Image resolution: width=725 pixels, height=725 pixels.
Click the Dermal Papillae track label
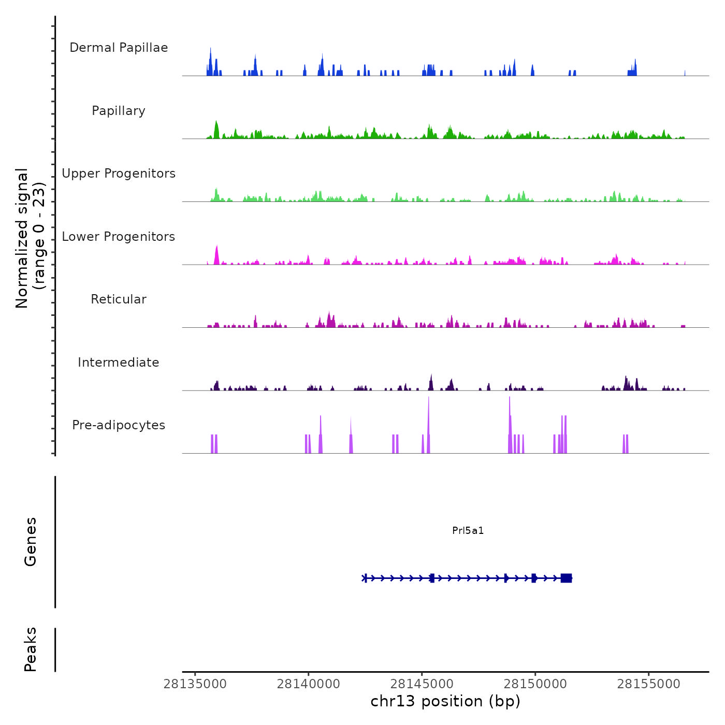(x=119, y=48)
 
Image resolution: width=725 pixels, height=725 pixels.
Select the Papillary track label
(x=119, y=111)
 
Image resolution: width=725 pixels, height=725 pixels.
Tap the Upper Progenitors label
(x=119, y=173)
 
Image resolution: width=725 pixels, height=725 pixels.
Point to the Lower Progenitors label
(x=119, y=237)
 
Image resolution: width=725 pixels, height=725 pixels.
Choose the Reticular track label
(x=119, y=299)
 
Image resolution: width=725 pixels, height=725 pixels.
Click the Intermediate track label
(x=119, y=363)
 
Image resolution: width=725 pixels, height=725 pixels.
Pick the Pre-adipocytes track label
(x=119, y=425)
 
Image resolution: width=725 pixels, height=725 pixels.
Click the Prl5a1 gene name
(x=468, y=530)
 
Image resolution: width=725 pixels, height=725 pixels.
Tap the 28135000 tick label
(x=195, y=684)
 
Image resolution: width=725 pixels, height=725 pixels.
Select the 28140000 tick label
(x=309, y=684)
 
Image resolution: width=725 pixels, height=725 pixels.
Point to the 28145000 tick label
(x=422, y=684)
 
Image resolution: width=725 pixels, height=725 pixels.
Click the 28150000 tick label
(x=535, y=684)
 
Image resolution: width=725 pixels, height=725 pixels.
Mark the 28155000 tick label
(x=649, y=684)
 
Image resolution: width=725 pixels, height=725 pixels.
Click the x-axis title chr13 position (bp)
(x=445, y=701)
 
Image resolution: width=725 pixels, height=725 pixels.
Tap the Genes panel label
(x=31, y=542)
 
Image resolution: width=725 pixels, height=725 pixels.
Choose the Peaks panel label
(x=31, y=649)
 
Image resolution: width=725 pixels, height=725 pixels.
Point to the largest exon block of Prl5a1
(x=566, y=578)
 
